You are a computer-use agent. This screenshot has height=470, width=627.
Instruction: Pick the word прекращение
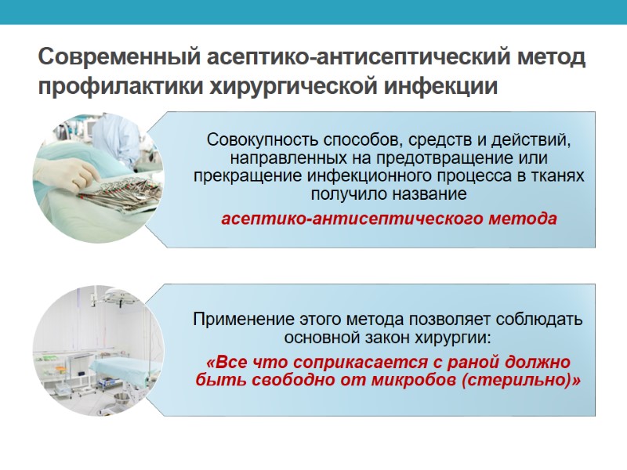point(242,175)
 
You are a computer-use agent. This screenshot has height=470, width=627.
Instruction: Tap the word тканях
point(557,175)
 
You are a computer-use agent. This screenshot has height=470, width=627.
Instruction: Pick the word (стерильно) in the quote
point(520,381)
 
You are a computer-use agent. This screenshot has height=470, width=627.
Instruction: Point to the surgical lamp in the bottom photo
point(118,300)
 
